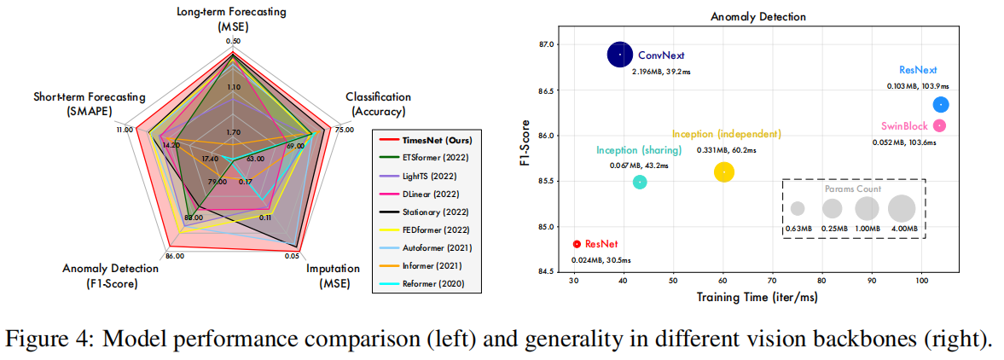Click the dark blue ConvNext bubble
620,55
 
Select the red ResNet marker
577,244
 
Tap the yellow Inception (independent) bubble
724,171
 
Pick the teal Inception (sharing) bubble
640,182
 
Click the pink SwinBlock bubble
940,125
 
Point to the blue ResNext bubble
941,105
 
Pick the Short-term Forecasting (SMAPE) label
89,104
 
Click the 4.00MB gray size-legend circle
902,208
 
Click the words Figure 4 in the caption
45,339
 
